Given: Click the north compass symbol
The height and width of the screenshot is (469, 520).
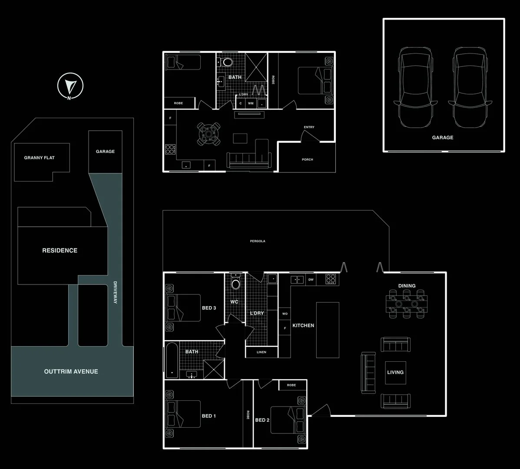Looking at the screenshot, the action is point(70,86).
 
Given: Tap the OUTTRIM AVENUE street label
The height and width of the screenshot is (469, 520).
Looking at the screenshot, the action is point(71,372).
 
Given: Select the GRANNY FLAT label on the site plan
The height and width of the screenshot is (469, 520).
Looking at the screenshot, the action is point(39,158).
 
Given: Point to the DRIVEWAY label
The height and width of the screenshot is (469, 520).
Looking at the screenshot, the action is point(115,292).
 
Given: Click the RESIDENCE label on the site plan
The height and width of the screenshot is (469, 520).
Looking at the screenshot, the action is point(60,251).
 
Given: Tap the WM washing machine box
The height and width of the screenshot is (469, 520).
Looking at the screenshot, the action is point(251,103).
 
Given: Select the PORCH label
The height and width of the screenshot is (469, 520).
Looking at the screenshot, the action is point(308,159).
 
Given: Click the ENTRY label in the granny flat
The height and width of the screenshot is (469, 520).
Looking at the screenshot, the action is point(309,127).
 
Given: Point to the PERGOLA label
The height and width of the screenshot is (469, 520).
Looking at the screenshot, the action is point(258,241).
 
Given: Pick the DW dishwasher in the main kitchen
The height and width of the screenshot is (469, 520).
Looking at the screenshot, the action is point(311,279).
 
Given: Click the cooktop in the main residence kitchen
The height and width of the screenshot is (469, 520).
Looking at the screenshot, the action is point(331,279).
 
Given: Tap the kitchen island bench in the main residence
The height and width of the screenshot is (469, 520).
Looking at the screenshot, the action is point(328,330).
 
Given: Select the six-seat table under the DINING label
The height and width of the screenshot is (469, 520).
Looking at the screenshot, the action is point(407,304).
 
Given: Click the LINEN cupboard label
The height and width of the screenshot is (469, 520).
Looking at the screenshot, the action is point(262,352).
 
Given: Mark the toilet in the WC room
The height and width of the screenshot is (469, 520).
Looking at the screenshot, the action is point(235,282).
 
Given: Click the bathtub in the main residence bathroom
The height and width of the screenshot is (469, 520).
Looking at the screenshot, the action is point(172,360).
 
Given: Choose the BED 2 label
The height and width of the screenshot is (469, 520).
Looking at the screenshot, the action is point(262,420).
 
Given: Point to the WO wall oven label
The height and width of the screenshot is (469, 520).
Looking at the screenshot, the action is point(285,314).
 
